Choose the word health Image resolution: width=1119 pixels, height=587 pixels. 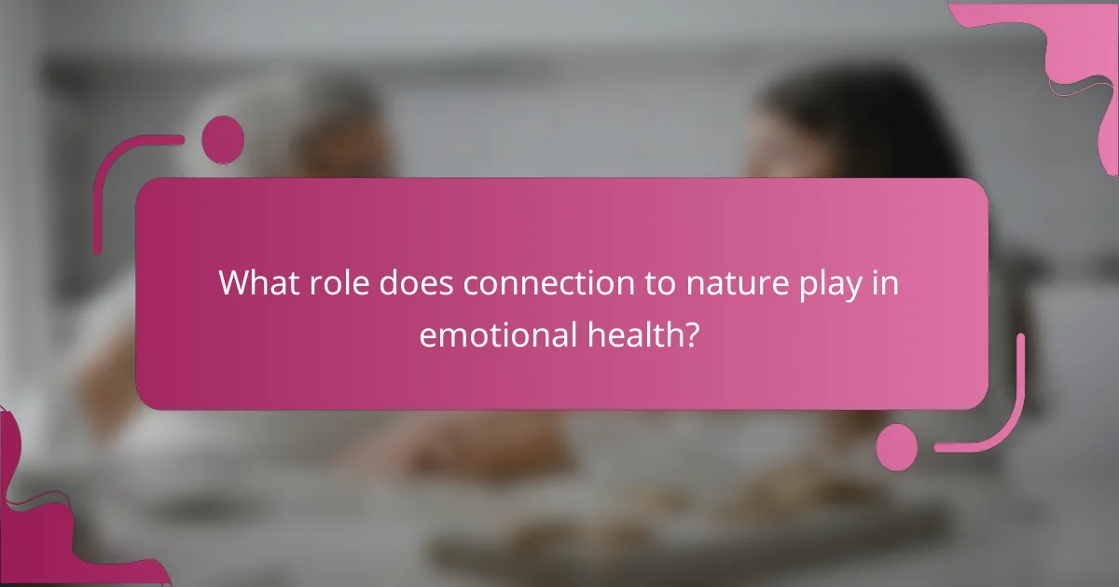pos(638,334)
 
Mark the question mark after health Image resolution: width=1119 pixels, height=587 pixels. pos(691,334)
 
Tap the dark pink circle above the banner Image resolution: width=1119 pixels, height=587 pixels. pos(223,139)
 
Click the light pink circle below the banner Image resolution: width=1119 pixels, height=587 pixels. pos(897,446)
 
